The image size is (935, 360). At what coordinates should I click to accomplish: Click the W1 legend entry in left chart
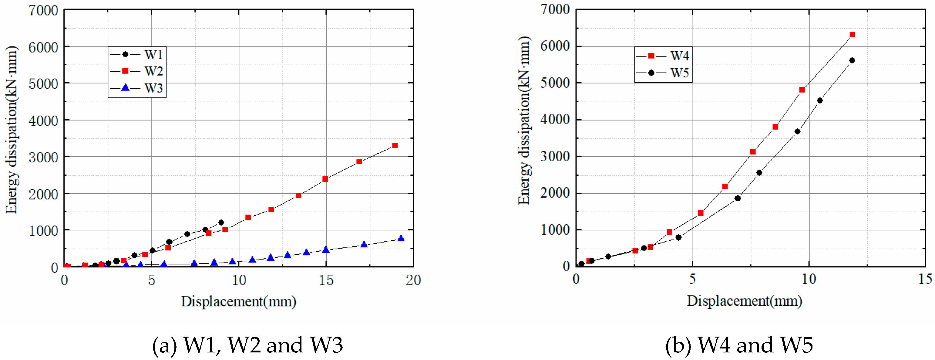(137, 55)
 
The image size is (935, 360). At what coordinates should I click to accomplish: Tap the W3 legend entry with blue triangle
(137, 88)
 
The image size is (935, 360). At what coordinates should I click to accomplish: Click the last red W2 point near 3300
(395, 146)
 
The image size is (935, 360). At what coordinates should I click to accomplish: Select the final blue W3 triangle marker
(401, 239)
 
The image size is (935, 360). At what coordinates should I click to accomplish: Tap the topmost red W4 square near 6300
(853, 35)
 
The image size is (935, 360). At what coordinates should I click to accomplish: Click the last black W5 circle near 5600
(852, 61)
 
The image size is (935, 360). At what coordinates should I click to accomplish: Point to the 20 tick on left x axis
(413, 280)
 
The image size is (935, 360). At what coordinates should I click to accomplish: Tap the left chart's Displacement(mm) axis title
(238, 301)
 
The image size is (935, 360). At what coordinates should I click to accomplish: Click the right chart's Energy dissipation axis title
(524, 120)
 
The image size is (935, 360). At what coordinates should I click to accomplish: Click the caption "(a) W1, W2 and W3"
(247, 345)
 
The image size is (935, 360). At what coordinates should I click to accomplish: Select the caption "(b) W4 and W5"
(739, 345)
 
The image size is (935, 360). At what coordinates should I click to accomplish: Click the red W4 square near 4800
(802, 90)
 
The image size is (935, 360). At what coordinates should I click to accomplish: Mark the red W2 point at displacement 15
(325, 179)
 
